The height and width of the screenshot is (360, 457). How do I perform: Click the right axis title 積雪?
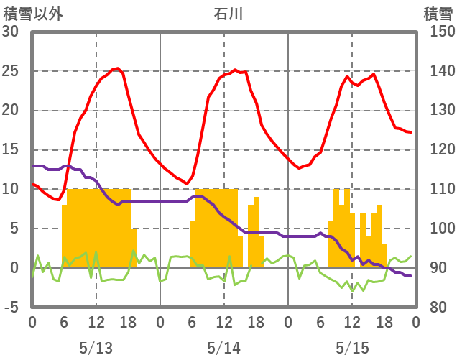pyautogui.click(x=438, y=13)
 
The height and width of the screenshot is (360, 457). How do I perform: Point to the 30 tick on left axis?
pyautogui.click(x=12, y=32)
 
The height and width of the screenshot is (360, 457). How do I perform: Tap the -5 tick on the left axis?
pyautogui.click(x=12, y=307)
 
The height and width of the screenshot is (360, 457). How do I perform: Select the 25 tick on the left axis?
pyautogui.click(x=12, y=71)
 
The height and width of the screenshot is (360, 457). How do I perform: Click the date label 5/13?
pyautogui.click(x=96, y=348)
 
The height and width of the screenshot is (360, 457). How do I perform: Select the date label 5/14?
pyautogui.click(x=223, y=348)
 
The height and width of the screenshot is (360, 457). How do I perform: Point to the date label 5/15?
pyautogui.click(x=351, y=348)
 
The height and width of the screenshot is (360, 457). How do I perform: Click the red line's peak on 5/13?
pyautogui.click(x=117, y=68)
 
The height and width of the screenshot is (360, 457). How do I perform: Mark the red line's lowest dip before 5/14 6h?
pyautogui.click(x=187, y=183)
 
